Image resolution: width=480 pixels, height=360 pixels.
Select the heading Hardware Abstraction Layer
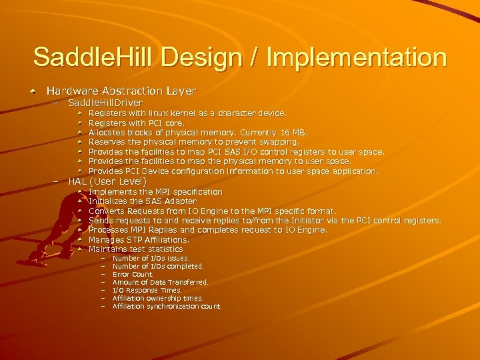tap(121, 90)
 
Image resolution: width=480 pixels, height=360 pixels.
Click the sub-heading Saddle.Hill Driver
tap(105, 103)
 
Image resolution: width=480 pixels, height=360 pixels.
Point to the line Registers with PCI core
tap(137, 123)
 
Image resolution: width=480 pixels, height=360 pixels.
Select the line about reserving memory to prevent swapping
tap(194, 142)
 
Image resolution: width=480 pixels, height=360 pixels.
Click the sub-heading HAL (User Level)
tap(107, 181)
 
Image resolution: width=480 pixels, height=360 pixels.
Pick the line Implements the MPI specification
tap(155, 192)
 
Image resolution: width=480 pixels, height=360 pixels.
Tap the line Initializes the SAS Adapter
tap(142, 201)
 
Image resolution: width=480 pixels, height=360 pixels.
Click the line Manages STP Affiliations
tap(139, 239)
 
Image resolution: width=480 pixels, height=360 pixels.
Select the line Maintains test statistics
tap(135, 249)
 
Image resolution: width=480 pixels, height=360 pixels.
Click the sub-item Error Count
tap(133, 274)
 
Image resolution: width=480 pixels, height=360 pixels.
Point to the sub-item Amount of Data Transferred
tap(160, 282)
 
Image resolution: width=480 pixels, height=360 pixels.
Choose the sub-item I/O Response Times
tap(147, 291)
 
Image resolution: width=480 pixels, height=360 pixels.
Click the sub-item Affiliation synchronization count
tap(167, 307)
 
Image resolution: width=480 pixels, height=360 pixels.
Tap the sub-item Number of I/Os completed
tap(158, 266)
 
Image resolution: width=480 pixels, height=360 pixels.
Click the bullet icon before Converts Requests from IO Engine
tap(79, 211)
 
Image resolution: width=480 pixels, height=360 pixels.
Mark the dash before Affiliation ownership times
tap(103, 299)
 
